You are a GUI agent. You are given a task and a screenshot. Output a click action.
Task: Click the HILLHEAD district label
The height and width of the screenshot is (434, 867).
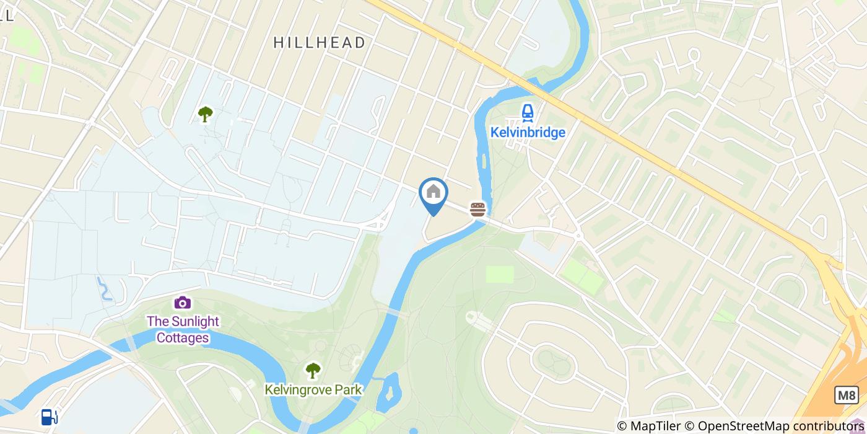319,42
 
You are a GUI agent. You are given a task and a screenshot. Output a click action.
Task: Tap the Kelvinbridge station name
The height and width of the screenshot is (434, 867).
528,133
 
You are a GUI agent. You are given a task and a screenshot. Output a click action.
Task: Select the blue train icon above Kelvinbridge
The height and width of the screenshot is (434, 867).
527,112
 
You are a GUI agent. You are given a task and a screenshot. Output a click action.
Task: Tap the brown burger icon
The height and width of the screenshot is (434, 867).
477,209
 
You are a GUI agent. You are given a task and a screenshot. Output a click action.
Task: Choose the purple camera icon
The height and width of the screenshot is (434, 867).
182,303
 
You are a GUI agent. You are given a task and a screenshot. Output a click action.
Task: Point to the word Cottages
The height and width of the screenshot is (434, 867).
182,338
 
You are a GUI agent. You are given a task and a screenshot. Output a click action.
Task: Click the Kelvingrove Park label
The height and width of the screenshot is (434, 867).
313,389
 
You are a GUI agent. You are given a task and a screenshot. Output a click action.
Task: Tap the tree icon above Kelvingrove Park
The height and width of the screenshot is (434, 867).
313,371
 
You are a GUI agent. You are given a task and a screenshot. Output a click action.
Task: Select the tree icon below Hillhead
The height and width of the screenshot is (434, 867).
205,114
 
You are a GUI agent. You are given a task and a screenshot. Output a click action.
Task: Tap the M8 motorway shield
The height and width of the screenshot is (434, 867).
846,395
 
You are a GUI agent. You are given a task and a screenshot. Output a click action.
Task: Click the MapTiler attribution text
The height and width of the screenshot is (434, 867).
654,426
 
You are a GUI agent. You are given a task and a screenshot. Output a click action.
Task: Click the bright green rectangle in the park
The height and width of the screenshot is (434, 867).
499,274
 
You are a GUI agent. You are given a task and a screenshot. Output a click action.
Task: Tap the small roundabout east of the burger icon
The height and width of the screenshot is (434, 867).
578,235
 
